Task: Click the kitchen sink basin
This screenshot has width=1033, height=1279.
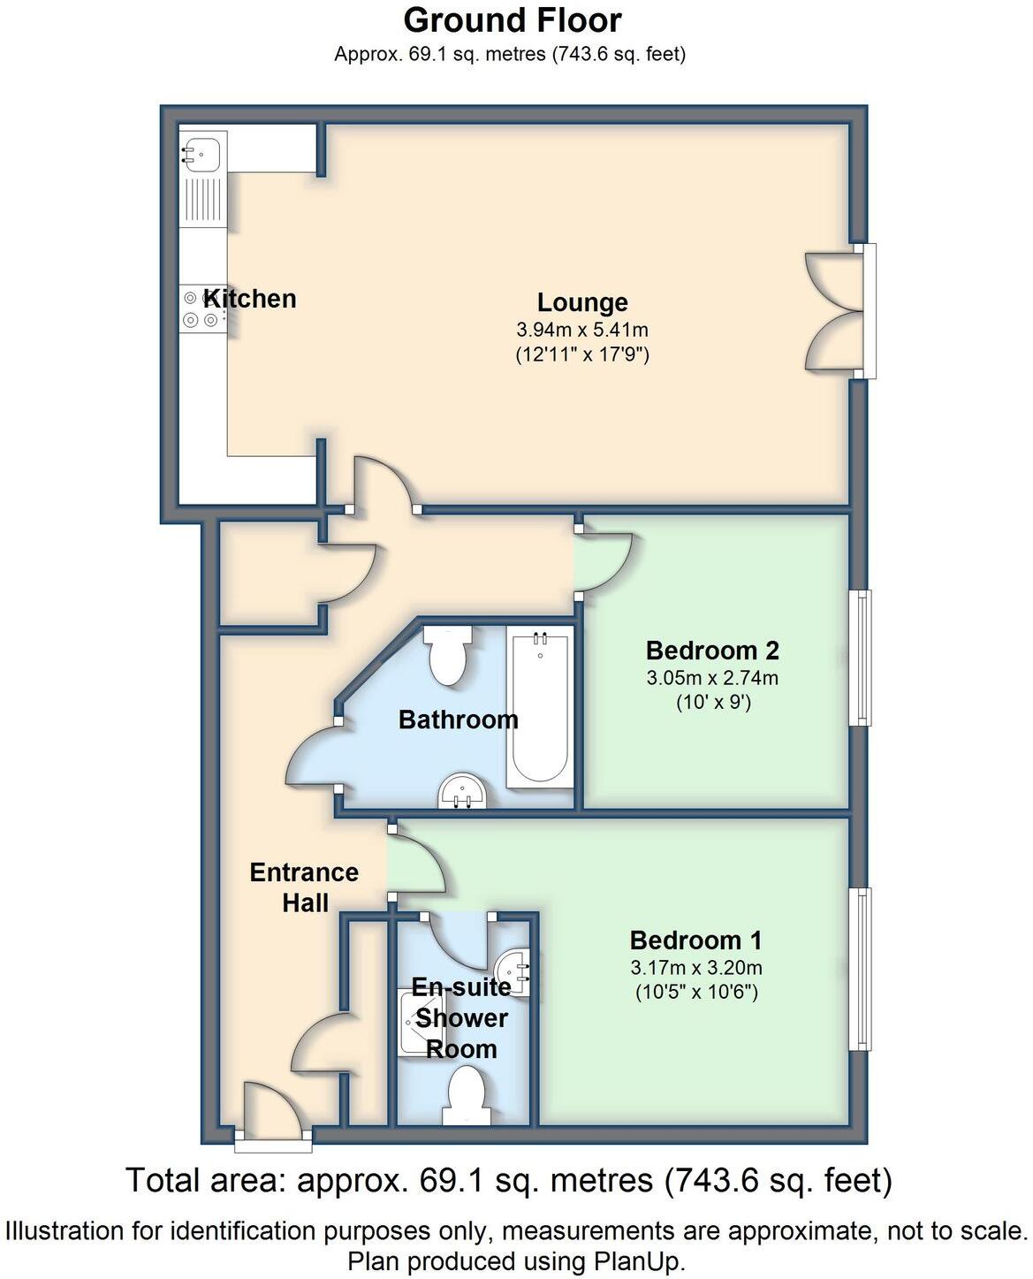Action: click(201, 153)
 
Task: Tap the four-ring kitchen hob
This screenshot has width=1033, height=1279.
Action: click(201, 309)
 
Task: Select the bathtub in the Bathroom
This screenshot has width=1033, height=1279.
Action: click(539, 707)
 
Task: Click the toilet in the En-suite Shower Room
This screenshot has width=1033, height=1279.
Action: click(466, 1096)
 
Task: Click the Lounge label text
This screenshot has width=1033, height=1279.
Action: click(582, 302)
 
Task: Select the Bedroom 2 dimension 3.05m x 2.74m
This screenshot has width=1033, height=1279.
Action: click(712, 679)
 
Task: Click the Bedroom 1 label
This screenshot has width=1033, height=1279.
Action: click(695, 940)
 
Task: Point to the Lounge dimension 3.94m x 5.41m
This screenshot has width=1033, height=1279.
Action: click(582, 331)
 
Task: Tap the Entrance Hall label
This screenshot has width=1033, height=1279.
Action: click(304, 887)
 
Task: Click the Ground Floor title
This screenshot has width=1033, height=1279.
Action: click(513, 19)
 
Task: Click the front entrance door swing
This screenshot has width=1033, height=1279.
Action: click(273, 1109)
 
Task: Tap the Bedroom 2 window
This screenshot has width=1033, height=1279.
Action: click(861, 657)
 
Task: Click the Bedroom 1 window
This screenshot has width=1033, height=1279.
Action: click(861, 969)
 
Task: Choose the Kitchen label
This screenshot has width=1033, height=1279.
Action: click(250, 299)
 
